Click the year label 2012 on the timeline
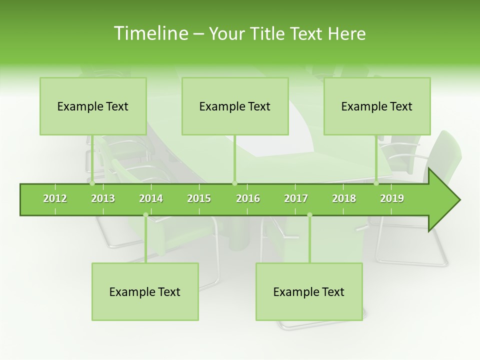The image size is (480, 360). click(x=55, y=198)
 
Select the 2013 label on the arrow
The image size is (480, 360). click(x=103, y=198)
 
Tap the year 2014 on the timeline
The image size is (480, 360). click(x=151, y=198)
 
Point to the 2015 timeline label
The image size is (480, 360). click(x=199, y=198)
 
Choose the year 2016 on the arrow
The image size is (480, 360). click(x=248, y=198)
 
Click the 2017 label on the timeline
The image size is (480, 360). click(x=296, y=198)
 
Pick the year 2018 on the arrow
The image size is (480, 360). click(x=344, y=198)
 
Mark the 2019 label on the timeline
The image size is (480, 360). click(x=392, y=198)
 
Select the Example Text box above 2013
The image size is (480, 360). click(x=93, y=106)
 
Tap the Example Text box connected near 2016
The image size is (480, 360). click(x=235, y=106)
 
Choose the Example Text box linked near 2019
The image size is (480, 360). click(x=377, y=106)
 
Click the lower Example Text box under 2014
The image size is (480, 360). click(x=145, y=291)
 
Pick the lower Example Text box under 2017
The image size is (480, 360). click(x=309, y=291)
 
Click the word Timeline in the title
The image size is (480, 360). click(x=150, y=33)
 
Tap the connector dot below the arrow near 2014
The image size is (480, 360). click(x=145, y=215)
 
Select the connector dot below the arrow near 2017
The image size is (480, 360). click(x=309, y=215)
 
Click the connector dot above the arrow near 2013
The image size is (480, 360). click(x=92, y=183)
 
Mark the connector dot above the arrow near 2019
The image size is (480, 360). click(x=376, y=183)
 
